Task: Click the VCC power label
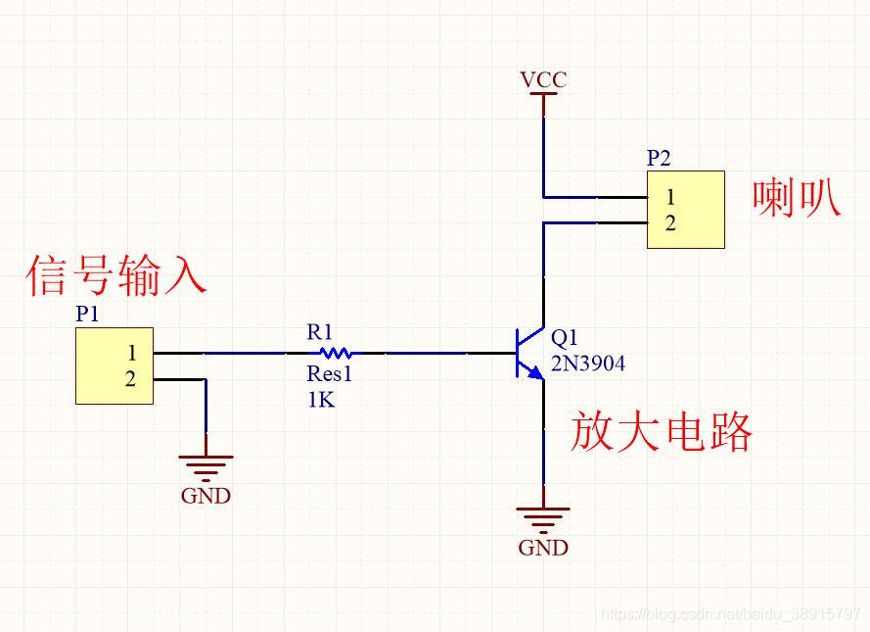tap(543, 79)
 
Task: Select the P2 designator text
tap(660, 158)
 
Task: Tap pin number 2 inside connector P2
tap(670, 223)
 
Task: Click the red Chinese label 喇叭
tap(796, 198)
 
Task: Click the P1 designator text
tap(88, 314)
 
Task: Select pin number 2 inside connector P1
tap(131, 379)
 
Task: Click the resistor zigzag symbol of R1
tap(336, 353)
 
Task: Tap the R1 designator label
tap(320, 332)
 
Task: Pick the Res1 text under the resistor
tap(329, 374)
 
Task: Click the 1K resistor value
tap(320, 400)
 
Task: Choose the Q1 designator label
tap(565, 338)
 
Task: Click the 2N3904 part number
tap(588, 364)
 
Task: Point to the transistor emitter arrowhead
tap(535, 373)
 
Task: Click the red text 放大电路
tap(662, 432)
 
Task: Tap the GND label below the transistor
tap(543, 548)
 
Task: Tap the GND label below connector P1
tap(206, 496)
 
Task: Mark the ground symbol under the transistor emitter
tap(543, 517)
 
